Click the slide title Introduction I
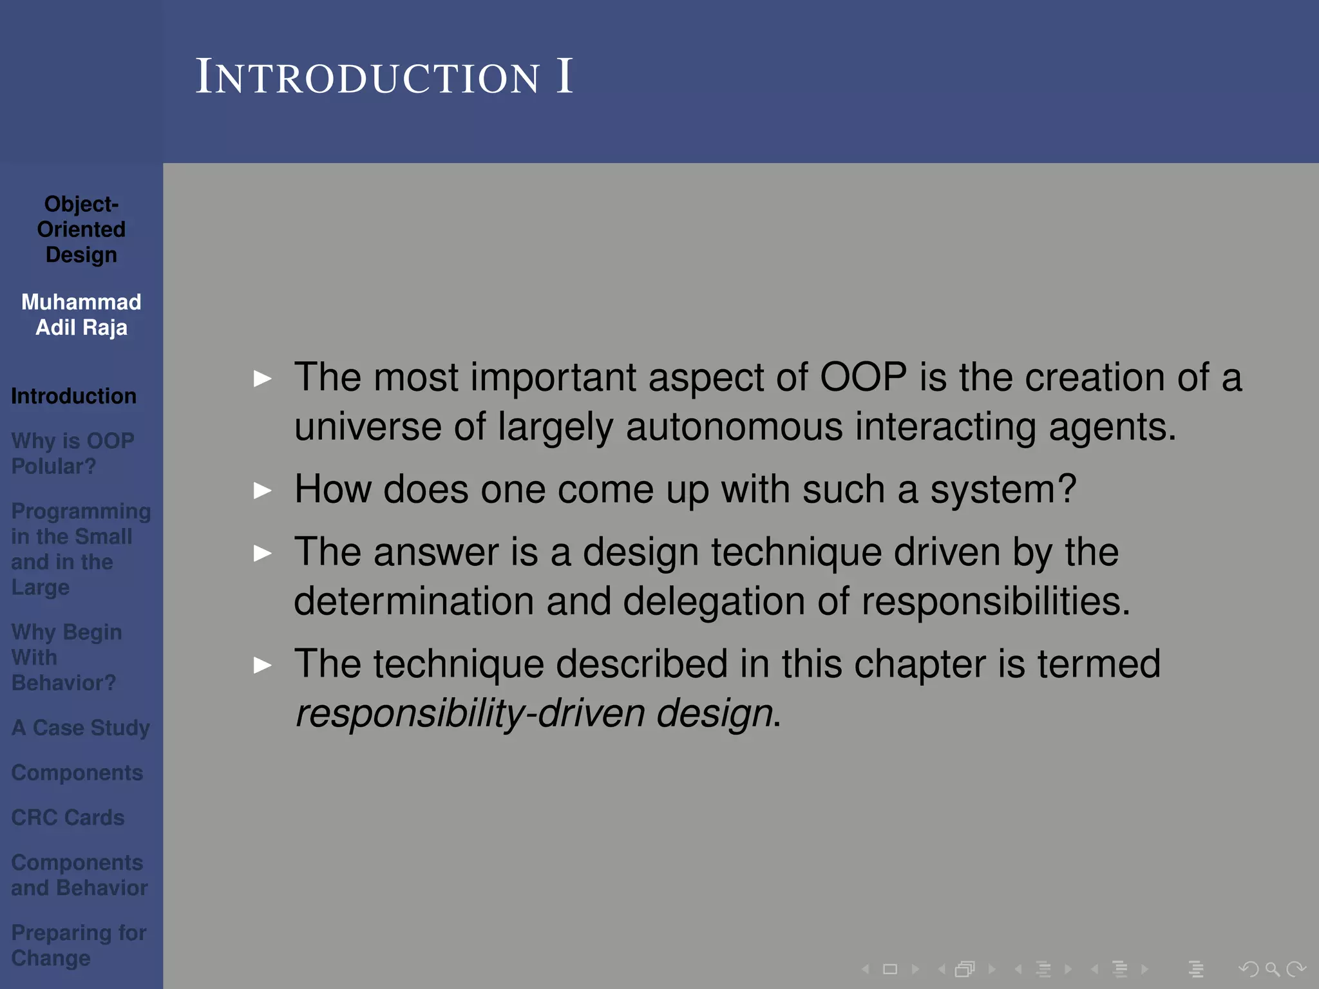(384, 77)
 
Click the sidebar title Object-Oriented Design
(81, 229)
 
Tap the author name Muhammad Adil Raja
(81, 315)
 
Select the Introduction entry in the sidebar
(73, 396)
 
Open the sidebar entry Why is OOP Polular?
(72, 453)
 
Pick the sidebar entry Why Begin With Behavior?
(66, 657)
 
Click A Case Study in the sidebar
(81, 728)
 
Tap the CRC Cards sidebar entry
(68, 817)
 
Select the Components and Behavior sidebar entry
(79, 875)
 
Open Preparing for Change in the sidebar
(79, 945)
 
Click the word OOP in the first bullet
(863, 377)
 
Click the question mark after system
(1066, 489)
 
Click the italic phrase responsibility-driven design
(533, 713)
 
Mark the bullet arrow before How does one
(263, 491)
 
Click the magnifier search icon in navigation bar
(1272, 969)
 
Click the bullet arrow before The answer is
(263, 553)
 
